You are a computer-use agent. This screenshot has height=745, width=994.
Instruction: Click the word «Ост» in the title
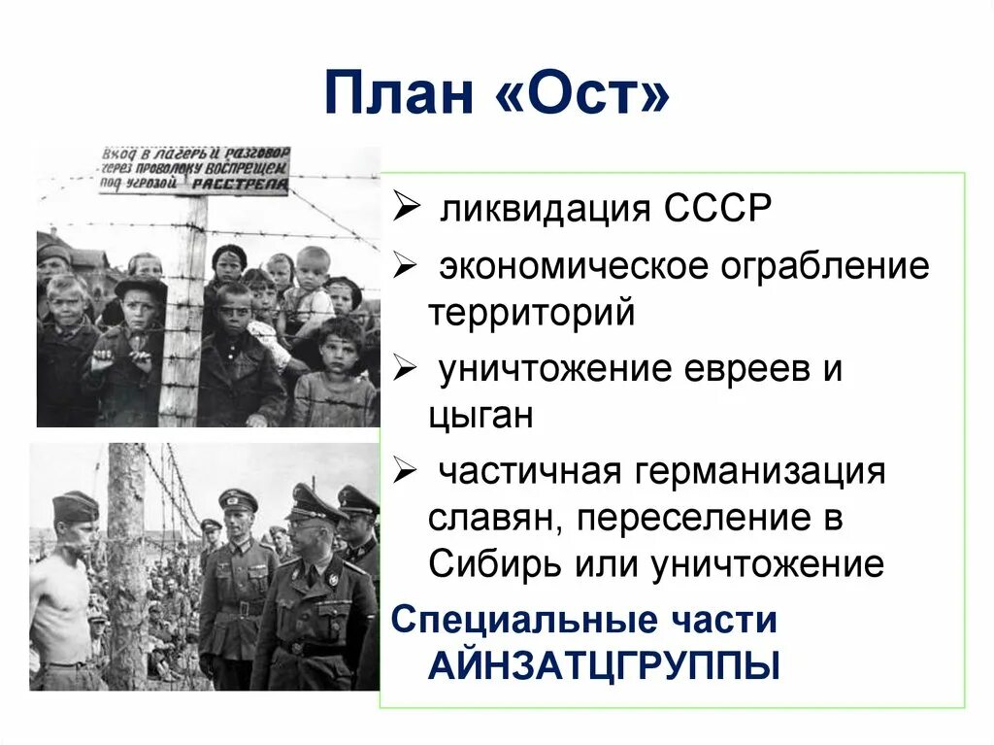point(585,94)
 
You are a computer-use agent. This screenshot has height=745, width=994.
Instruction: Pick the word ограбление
point(824,266)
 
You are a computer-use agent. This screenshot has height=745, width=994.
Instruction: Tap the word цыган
point(480,417)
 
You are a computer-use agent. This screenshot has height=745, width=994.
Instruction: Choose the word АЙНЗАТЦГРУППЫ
point(604,668)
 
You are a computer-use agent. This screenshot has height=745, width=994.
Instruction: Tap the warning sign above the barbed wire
point(194,170)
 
